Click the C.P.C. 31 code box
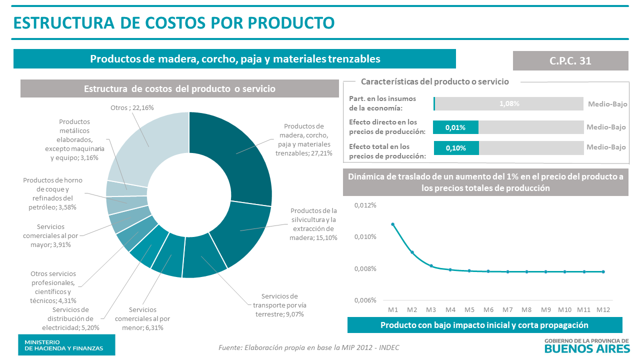[570, 60]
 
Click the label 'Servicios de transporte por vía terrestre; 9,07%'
[279, 305]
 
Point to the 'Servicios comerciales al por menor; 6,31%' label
[142, 318]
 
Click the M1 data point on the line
[393, 224]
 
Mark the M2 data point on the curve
[412, 252]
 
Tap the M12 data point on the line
[603, 271]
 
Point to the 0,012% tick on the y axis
[365, 205]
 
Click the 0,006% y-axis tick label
[365, 300]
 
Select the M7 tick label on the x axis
[507, 309]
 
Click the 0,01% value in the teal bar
[455, 127]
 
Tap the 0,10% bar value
[455, 148]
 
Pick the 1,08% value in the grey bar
[509, 104]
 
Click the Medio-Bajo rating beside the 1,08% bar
[607, 104]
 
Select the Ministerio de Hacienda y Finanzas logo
[66, 344]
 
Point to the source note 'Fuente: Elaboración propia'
[309, 347]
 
